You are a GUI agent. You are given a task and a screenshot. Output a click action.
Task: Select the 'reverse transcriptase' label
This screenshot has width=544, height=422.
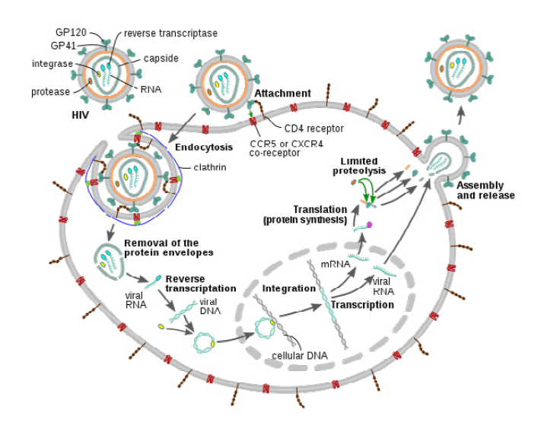click(171, 33)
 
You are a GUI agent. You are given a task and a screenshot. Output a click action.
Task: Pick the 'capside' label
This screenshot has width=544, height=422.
click(161, 59)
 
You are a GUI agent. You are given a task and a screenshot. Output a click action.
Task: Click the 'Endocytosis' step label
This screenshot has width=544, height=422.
click(198, 147)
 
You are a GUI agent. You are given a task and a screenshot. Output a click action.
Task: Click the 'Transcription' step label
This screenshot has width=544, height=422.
click(362, 304)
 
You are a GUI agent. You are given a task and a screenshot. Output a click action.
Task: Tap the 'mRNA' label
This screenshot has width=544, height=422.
click(334, 264)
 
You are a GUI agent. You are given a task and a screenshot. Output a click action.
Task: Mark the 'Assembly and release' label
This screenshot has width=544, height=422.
click(485, 190)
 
